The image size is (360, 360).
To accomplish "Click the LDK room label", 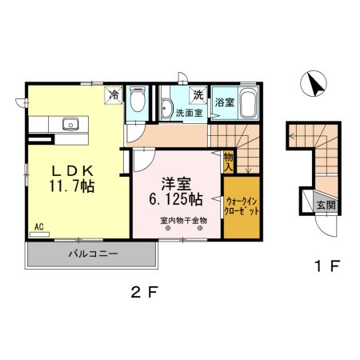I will coord(76,170).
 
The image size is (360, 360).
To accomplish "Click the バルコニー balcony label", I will coord(92,254).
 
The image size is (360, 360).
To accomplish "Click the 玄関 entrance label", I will coord(326,206).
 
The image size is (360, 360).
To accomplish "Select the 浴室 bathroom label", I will coord(224,102).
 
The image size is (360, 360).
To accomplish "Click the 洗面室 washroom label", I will coord(189,113).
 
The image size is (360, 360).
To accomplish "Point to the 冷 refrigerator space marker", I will coord(114,95).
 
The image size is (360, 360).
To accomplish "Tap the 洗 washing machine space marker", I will coord(197,95).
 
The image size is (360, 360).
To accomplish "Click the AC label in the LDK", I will coord(38,227).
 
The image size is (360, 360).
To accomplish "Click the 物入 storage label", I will coord(229,163).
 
